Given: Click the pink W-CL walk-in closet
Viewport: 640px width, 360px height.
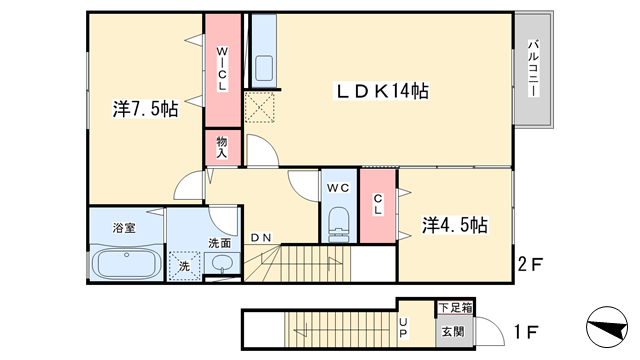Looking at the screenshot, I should tap(223, 69).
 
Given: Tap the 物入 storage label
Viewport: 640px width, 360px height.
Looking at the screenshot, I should tap(222, 148).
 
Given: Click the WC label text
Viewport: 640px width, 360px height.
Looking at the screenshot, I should tap(335, 186).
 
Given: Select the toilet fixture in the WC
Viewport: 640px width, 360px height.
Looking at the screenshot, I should tap(337, 223).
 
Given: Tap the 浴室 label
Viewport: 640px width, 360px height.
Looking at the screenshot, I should tap(124, 228).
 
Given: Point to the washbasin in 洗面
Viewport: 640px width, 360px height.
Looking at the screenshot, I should tap(222, 264).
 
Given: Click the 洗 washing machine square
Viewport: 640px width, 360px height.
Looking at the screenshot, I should tap(183, 266).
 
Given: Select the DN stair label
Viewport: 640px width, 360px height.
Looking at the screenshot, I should tap(261, 238).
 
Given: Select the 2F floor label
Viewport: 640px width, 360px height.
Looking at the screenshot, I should tap(530, 266).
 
